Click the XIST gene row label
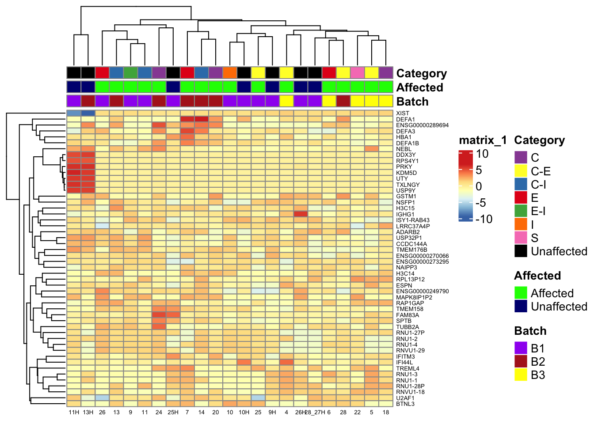pyautogui.click(x=402, y=114)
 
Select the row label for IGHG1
pyautogui.click(x=405, y=214)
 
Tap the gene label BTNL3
pyautogui.click(x=405, y=404)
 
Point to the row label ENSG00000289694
pyautogui.click(x=422, y=125)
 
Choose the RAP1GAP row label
pyautogui.click(x=410, y=303)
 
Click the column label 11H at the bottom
pyautogui.click(x=74, y=413)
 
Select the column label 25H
pyautogui.click(x=173, y=413)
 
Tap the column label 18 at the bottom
pyautogui.click(x=386, y=413)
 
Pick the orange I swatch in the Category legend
pyautogui.click(x=521, y=224)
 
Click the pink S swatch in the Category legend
pyautogui.click(x=521, y=238)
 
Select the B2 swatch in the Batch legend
pyautogui.click(x=521, y=361)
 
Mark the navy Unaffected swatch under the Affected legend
pyautogui.click(x=521, y=306)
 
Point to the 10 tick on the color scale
pyautogui.click(x=482, y=154)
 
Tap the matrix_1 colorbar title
pyautogui.click(x=483, y=140)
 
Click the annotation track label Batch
pyautogui.click(x=412, y=102)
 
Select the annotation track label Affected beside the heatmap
pyautogui.click(x=419, y=87)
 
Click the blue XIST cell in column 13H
pyautogui.click(x=88, y=114)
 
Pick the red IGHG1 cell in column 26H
pyautogui.click(x=301, y=214)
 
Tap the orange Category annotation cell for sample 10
pyautogui.click(x=229, y=73)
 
